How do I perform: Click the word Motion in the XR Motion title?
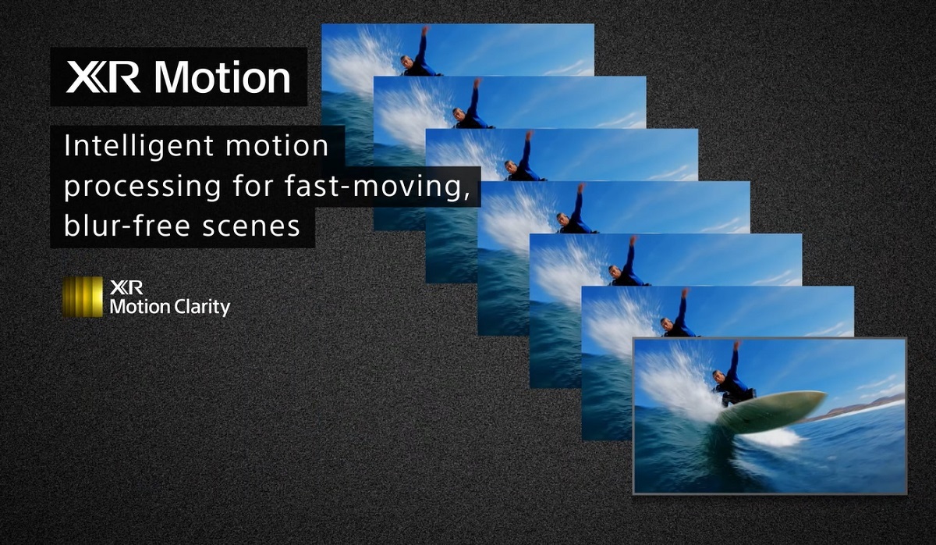pos(222,77)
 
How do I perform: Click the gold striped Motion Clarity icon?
pos(83,297)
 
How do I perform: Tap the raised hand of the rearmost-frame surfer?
pos(425,31)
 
